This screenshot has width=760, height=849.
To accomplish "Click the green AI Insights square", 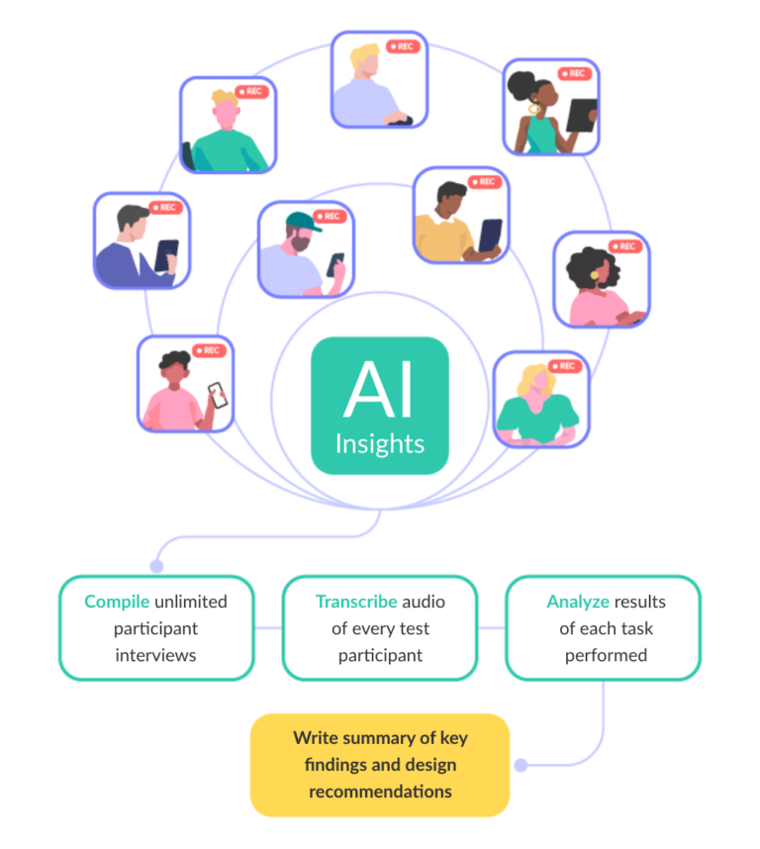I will coord(379,406).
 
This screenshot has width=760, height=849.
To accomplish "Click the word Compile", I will coord(117,602).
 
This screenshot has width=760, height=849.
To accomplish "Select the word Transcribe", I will coord(356,602).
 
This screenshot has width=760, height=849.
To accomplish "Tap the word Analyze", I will coord(578,602).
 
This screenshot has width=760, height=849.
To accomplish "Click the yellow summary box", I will coord(379,764).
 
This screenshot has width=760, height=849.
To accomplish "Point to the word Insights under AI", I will coord(379,443).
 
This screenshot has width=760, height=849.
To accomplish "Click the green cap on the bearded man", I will coord(305,222).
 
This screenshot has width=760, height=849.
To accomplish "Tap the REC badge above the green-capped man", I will coord(331,217).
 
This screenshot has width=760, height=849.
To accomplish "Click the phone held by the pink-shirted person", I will coord(217,396).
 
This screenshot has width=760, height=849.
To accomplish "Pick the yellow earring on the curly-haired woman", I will coord(596,274).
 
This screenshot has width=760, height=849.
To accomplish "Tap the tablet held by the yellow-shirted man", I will coord(490,236).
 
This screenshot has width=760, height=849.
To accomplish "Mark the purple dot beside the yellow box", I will coord(521,765).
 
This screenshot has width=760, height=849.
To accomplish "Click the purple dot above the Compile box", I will coord(156,566).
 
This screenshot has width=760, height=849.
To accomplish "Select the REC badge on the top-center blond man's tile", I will coord(403,47).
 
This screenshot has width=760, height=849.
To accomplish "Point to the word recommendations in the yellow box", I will coord(380,791).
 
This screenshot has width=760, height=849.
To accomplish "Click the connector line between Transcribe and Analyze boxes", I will coord(492,627).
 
